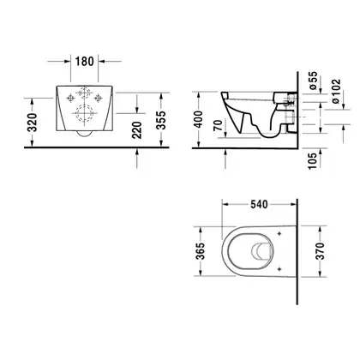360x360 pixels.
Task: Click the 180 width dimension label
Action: tap(84, 61)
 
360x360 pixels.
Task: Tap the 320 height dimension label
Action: tap(33, 123)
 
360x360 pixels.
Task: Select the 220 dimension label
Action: tap(137, 130)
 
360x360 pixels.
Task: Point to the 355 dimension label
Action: tap(161, 120)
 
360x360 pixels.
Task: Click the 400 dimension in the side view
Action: tap(198, 119)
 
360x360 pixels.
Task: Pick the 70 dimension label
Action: tap(218, 125)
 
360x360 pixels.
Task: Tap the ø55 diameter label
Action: tap(313, 81)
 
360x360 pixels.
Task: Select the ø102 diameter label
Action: tap(337, 91)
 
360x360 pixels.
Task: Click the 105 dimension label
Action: tap(313, 161)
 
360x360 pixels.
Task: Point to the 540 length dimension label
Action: tap(259, 204)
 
